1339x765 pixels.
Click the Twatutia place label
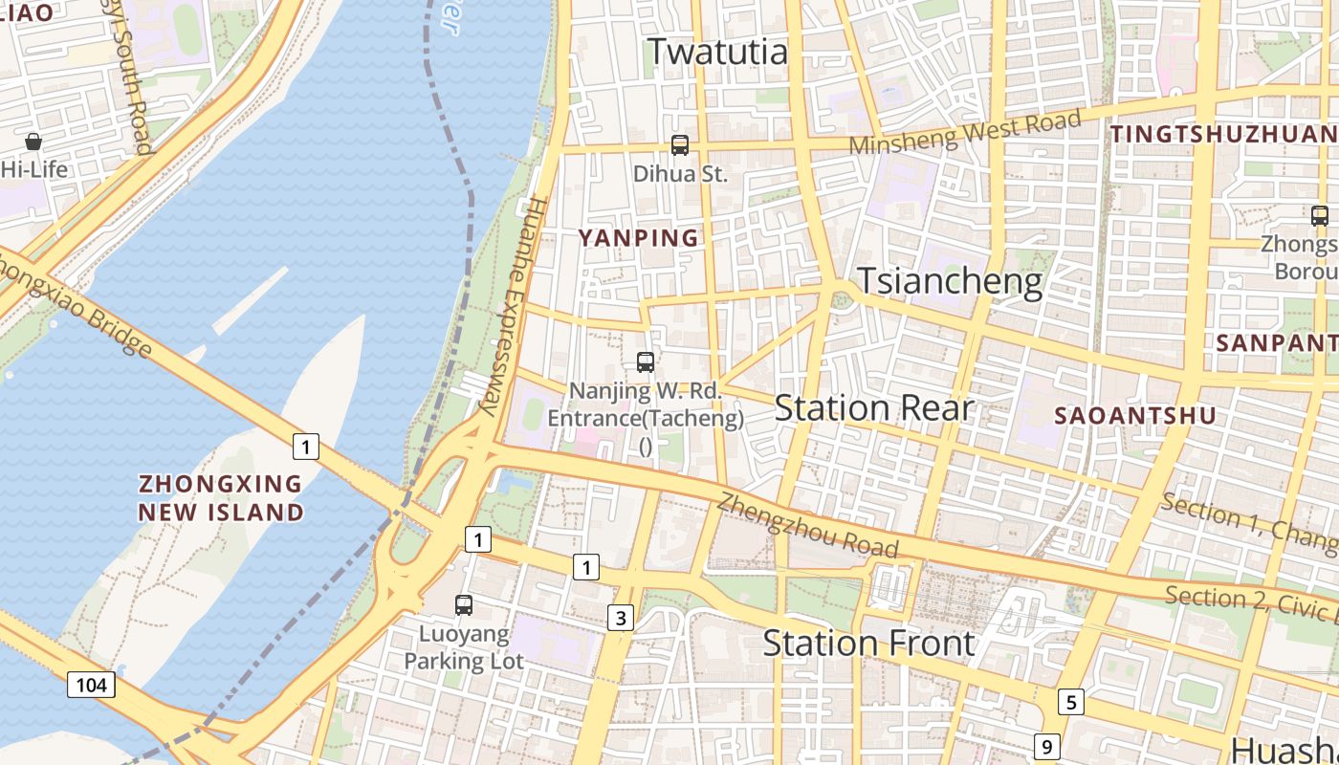tap(718, 52)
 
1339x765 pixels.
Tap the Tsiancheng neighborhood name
tap(949, 281)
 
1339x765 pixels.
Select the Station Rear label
tap(874, 408)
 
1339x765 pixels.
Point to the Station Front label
tap(868, 643)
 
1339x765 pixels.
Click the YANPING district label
tap(638, 238)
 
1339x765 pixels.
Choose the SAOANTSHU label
tap(1135, 415)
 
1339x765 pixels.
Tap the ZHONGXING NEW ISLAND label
tap(221, 497)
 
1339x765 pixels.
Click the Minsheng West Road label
tap(965, 133)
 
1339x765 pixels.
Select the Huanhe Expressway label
tap(512, 306)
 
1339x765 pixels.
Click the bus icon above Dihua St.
tap(680, 145)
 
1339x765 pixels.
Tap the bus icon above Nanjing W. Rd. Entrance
tap(646, 362)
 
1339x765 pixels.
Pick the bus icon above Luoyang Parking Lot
tap(464, 604)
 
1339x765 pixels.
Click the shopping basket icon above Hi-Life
tap(33, 142)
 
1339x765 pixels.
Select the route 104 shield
tap(92, 684)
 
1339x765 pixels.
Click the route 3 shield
tap(621, 618)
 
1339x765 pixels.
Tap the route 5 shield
tap(1071, 702)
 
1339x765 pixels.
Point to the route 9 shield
tap(1047, 746)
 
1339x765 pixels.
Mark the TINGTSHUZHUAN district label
tap(1223, 134)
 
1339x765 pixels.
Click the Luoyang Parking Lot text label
tap(464, 647)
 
